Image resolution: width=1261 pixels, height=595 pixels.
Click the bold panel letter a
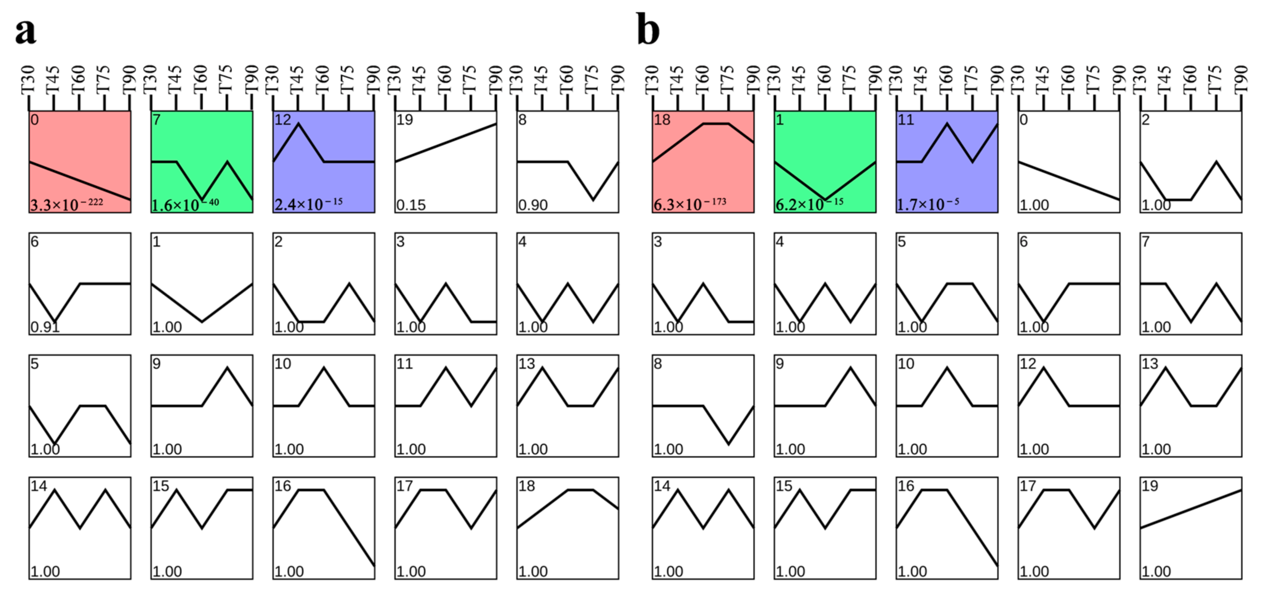click(x=26, y=31)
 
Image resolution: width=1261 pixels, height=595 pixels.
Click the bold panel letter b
click(x=648, y=31)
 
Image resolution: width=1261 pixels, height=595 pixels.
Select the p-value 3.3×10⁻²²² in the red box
click(x=67, y=204)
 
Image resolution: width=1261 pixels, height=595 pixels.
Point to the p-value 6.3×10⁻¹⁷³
click(x=690, y=204)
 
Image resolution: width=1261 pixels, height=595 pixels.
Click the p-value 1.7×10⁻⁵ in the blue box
click(x=927, y=204)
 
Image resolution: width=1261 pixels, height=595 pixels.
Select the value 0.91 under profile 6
click(x=45, y=326)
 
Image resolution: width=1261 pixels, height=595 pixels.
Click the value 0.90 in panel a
click(x=533, y=205)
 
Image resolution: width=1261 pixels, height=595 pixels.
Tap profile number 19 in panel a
click(x=404, y=120)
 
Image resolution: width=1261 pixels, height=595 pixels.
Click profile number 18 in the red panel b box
click(x=662, y=120)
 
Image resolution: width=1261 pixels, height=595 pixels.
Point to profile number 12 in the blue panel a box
click(x=282, y=120)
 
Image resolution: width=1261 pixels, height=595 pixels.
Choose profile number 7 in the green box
click(x=156, y=120)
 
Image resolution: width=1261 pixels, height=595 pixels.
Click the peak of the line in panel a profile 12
click(x=298, y=124)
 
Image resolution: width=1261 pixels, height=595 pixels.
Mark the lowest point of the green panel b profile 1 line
click(x=825, y=199)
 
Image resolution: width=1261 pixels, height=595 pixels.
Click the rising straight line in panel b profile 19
click(x=1191, y=509)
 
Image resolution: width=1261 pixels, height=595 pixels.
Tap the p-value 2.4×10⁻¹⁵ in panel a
click(x=308, y=204)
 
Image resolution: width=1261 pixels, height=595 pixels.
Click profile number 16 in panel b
click(x=906, y=486)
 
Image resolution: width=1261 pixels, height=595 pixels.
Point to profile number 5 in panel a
click(x=34, y=364)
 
